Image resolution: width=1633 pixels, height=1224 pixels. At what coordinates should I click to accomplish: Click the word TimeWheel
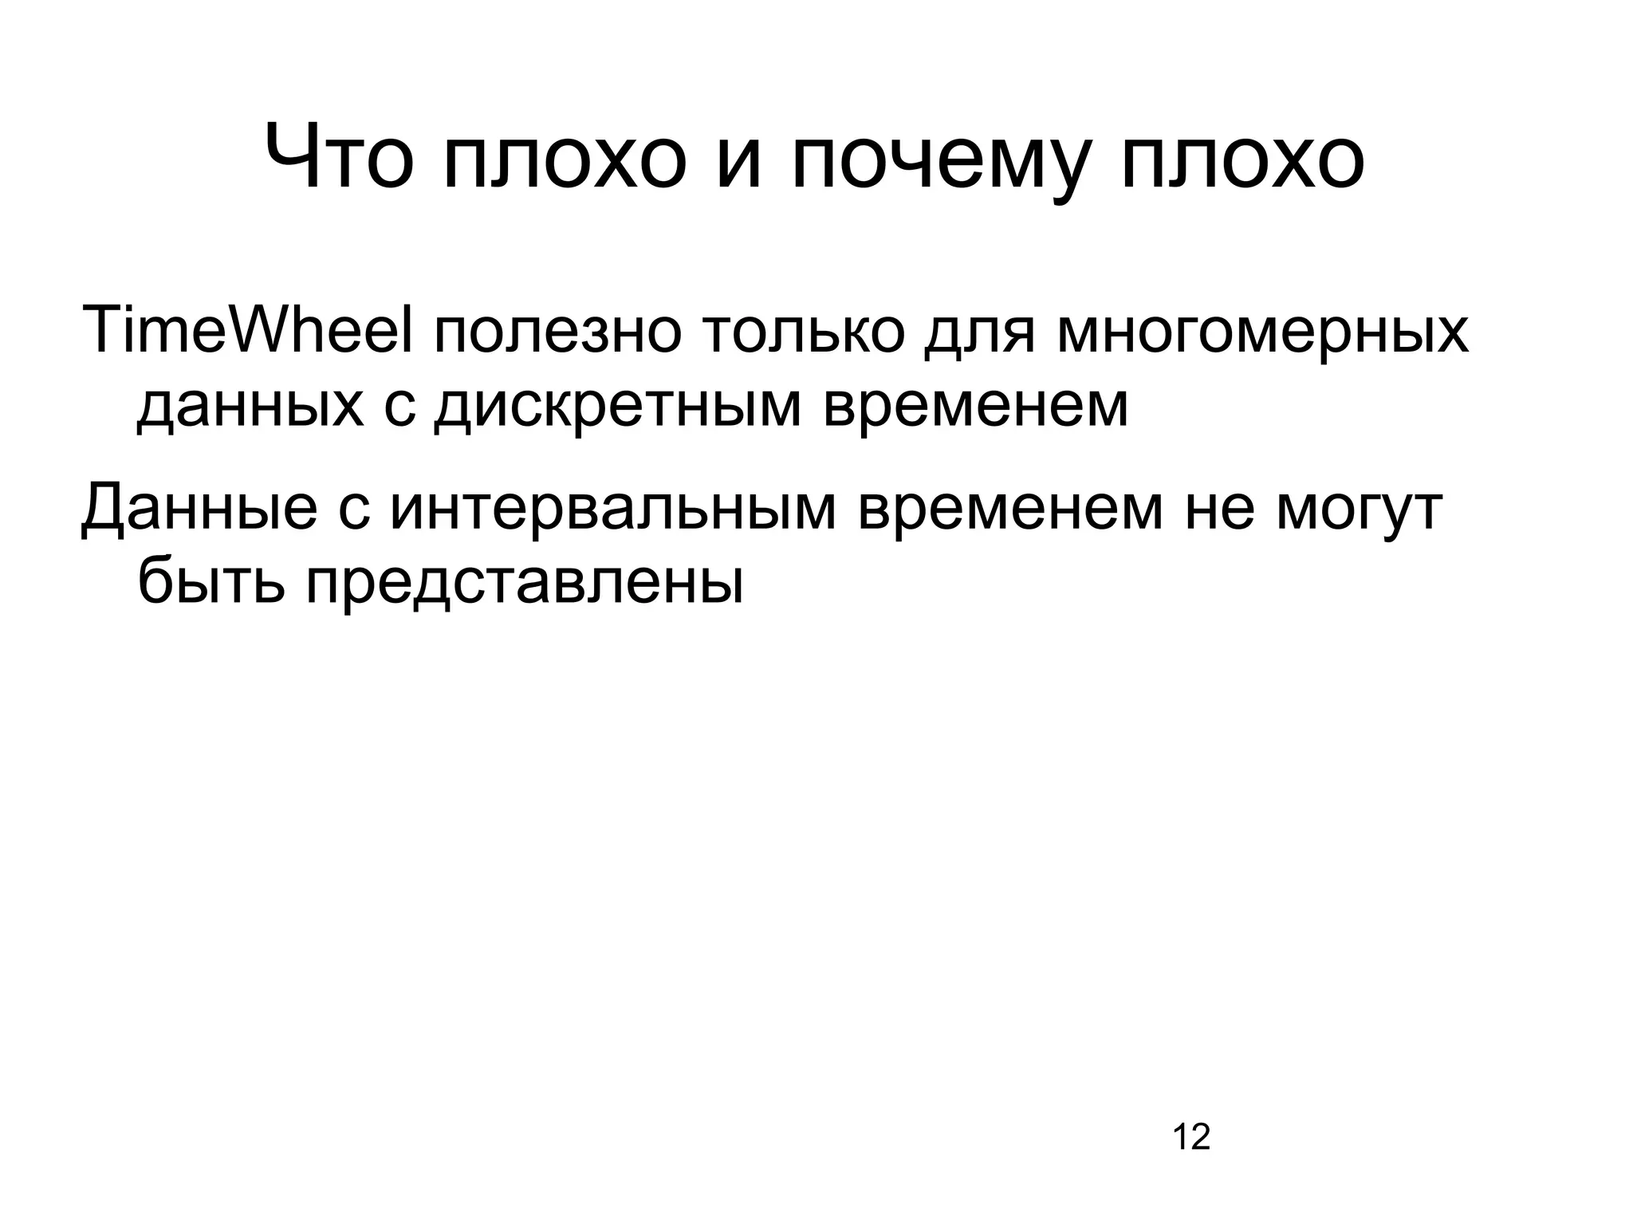click(x=247, y=329)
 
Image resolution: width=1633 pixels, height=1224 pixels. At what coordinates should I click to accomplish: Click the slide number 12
click(x=1191, y=1137)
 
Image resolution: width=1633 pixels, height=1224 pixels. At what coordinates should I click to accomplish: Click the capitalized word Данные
click(x=199, y=508)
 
